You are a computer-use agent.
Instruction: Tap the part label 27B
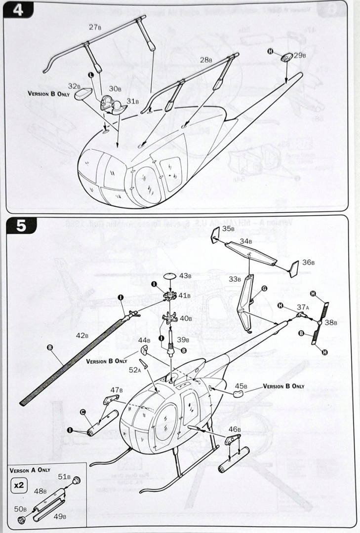(96, 28)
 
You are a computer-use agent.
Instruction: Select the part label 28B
(206, 60)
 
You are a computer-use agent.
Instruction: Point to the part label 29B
(300, 56)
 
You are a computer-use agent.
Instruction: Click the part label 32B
(74, 86)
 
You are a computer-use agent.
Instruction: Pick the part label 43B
(185, 275)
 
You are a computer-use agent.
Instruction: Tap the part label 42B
(82, 336)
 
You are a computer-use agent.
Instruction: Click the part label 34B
(246, 241)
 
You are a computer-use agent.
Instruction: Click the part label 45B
(241, 386)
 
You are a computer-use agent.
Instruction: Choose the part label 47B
(117, 390)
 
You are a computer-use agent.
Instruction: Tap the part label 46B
(235, 429)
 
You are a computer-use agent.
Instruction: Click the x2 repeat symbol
(19, 485)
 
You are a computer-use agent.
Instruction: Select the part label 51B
(65, 477)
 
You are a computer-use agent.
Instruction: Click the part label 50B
(21, 509)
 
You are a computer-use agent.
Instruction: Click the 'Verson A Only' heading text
(30, 470)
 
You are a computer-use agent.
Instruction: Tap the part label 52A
(135, 369)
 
